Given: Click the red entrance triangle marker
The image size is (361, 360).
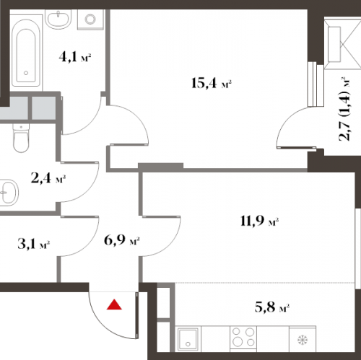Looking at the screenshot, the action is pos(114,304).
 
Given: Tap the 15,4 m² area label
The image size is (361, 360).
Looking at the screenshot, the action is pos(212,83).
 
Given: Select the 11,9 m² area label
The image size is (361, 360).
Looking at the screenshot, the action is pos(259,221).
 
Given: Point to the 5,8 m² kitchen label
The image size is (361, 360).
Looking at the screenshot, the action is pos(271,307).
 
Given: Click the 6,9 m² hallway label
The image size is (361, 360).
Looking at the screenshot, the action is pos(122,240).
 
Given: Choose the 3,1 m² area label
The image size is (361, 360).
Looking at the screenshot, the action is pos(34,244).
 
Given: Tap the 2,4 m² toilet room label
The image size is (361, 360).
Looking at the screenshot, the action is pos(48,178).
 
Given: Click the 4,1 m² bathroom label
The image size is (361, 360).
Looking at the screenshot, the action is pos(75,57).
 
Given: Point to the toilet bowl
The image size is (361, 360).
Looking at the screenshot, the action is pos(21,138).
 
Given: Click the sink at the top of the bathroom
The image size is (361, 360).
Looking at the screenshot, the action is pos(58,19).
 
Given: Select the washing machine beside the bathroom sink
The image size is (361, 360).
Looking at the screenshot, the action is pos(90,19).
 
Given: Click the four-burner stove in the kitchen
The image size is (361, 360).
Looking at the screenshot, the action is pos(243,337).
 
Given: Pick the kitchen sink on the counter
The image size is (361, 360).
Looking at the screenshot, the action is pos(188,338).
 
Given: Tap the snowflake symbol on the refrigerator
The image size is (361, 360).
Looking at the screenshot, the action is pos(303,340).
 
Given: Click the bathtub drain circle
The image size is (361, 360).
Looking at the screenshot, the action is pos(26,73).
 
